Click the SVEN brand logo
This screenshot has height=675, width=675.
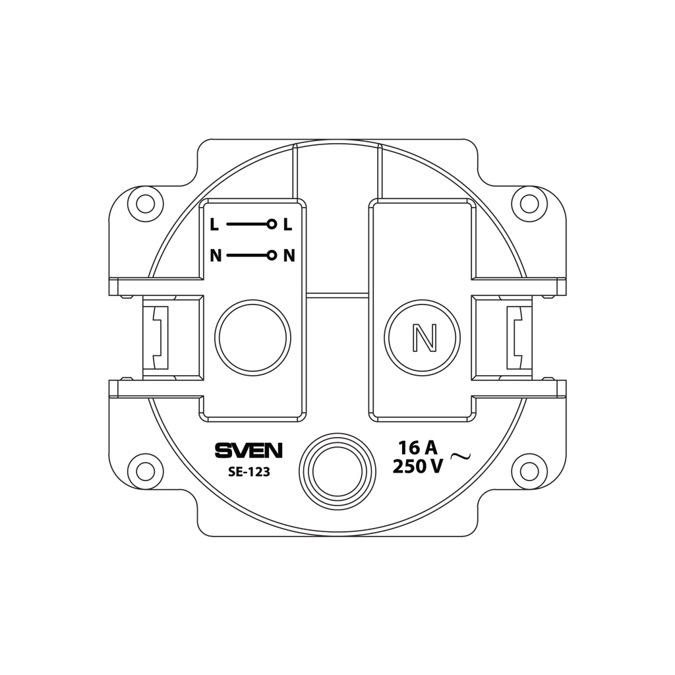tap(249, 451)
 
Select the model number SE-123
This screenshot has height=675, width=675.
tap(249, 472)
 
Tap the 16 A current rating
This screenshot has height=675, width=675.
tap(417, 448)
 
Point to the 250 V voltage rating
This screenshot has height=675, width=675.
tap(418, 467)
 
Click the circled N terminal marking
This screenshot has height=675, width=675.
tap(422, 338)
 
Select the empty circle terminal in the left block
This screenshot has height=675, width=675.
tap(252, 337)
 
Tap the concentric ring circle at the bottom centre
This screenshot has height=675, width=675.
tap(337, 471)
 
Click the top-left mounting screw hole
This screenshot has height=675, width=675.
tap(145, 204)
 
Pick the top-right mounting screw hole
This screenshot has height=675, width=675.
tap(529, 204)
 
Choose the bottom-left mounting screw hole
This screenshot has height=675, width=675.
tap(145, 471)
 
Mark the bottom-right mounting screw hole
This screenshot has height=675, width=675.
tap(529, 471)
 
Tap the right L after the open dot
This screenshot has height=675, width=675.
tap(287, 225)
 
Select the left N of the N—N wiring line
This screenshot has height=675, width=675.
tap(216, 256)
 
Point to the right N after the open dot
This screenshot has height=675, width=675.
tap(289, 256)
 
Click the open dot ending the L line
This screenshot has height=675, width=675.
tap(271, 225)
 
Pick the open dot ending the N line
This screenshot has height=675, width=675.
tap(271, 256)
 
